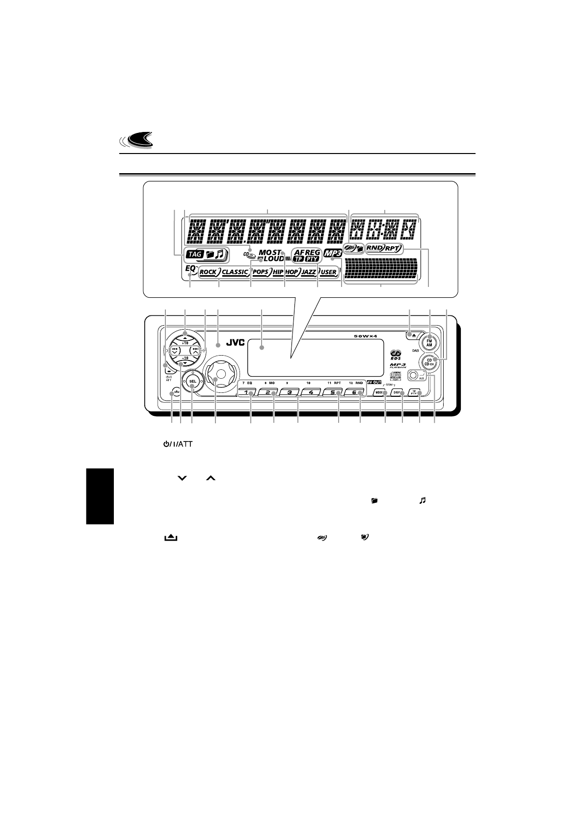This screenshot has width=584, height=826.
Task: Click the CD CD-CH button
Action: tap(428, 362)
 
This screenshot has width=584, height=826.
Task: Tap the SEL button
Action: tap(192, 381)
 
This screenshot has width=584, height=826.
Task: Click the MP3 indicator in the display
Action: tap(333, 255)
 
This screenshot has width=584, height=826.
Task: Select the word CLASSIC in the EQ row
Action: tap(235, 272)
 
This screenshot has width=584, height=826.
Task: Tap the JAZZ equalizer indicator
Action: tap(309, 272)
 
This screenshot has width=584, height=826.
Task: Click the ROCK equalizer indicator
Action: tap(208, 272)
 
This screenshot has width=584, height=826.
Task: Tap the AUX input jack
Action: tap(413, 377)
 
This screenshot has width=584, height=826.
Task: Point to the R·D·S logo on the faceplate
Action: tap(397, 354)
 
